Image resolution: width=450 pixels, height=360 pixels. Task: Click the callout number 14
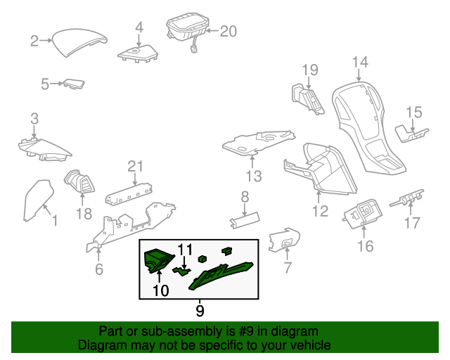click(360, 63)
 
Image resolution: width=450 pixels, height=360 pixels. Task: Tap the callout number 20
click(229, 31)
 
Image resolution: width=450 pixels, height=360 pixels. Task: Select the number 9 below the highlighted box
click(200, 309)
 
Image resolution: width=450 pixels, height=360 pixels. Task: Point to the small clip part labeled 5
click(73, 85)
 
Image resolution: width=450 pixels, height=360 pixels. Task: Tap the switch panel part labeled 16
click(363, 214)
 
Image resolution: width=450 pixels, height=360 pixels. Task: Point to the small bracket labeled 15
click(410, 131)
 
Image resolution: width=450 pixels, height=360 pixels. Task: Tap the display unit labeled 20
click(186, 28)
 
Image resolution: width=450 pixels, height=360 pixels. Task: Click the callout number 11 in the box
click(184, 249)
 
